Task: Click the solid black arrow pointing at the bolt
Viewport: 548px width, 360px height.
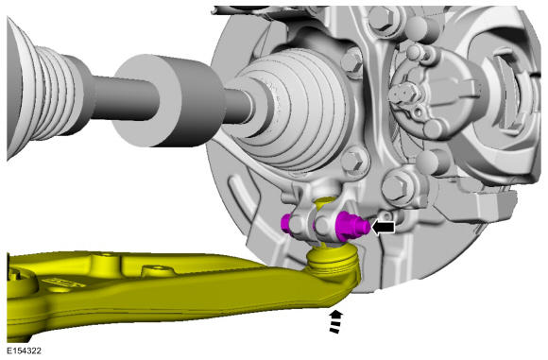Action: (384, 228)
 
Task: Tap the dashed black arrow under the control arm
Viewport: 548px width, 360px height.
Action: (335, 321)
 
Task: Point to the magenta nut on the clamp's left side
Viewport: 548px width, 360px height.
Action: (286, 224)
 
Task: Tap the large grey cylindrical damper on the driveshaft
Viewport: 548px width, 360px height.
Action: (168, 100)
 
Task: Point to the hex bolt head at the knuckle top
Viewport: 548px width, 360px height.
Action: (382, 17)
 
